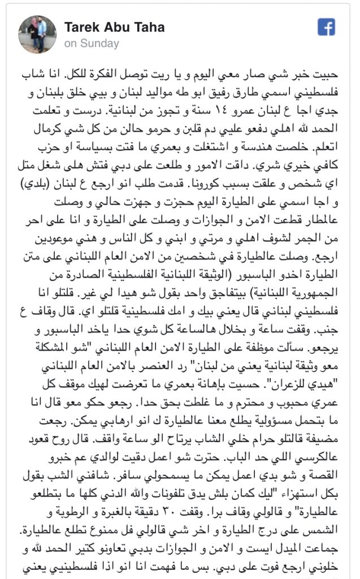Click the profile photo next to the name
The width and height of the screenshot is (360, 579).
pyautogui.click(x=37, y=34)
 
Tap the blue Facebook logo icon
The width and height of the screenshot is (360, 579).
pyautogui.click(x=326, y=27)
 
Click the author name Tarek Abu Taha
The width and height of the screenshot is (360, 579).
pyautogui.click(x=114, y=28)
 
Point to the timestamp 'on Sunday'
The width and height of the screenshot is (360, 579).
pyautogui.click(x=92, y=44)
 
